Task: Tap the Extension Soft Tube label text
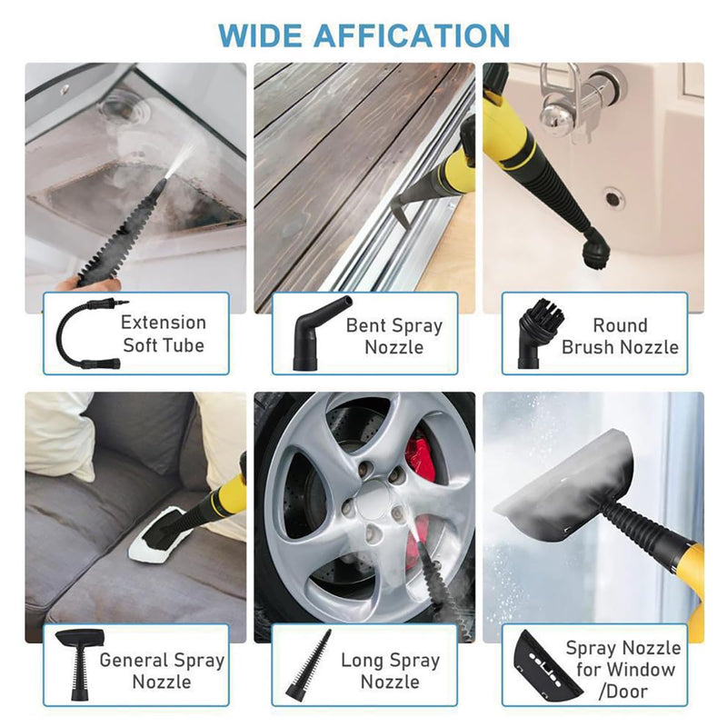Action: coord(164,334)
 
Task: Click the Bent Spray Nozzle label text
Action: coord(393,335)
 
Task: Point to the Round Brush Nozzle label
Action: coord(620,335)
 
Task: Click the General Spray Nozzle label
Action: coord(162,670)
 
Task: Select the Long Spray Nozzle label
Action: coord(390,670)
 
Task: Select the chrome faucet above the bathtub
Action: coord(581,104)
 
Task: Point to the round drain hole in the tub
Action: coord(613,196)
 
